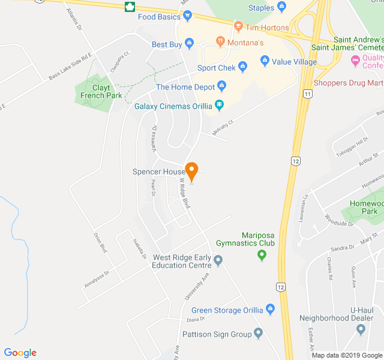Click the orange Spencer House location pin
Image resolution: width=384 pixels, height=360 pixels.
[x=191, y=171]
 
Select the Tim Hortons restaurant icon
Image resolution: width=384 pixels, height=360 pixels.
[x=238, y=27]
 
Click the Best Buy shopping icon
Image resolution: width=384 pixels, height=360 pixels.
[x=190, y=44]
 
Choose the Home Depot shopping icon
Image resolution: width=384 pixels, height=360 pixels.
[x=221, y=86]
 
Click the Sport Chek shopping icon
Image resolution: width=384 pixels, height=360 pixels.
[x=242, y=67]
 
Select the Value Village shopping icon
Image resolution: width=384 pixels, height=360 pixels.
[x=265, y=61]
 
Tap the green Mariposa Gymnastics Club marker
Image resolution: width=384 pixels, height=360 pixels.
[x=261, y=256]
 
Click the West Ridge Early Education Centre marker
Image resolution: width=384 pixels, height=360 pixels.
[x=218, y=260]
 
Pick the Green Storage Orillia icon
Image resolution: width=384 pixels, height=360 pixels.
[x=270, y=310]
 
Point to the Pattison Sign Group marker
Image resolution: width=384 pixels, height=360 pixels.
[x=259, y=333]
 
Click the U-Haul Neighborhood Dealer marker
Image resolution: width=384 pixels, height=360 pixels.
[x=361, y=329]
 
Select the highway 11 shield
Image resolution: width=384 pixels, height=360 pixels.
[x=308, y=94]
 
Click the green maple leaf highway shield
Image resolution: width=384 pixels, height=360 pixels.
[x=128, y=7]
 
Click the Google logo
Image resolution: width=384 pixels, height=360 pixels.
[x=20, y=353]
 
